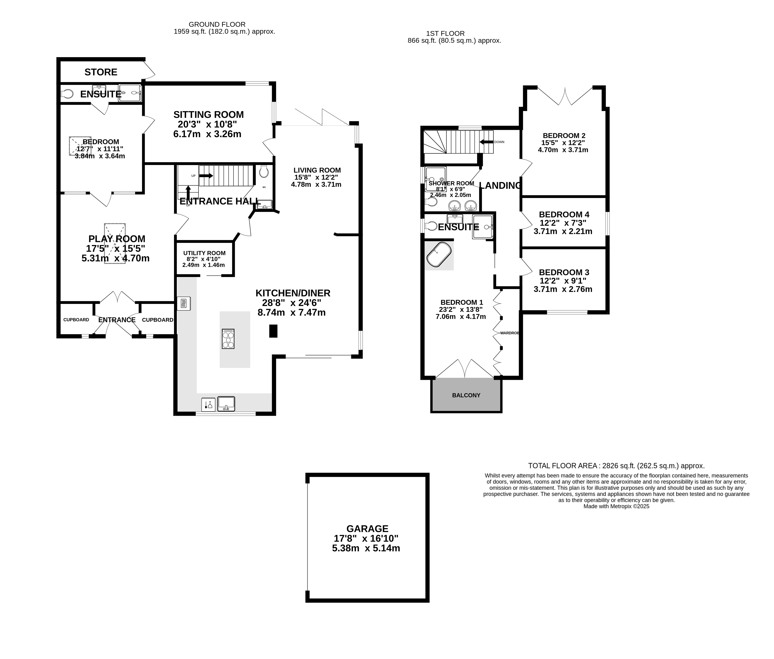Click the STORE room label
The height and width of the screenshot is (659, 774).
(x=101, y=72)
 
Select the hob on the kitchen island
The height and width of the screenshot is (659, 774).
(x=228, y=339)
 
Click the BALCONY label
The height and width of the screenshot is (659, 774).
(x=466, y=395)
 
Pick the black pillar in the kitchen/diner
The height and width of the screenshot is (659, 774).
(x=273, y=331)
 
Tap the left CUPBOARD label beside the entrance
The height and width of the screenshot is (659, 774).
(x=76, y=320)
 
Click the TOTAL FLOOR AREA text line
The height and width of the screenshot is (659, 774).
(x=616, y=466)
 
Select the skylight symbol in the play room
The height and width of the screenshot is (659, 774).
(x=115, y=244)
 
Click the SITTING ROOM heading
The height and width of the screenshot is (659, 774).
(x=208, y=115)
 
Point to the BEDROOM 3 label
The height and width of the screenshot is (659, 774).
(x=564, y=272)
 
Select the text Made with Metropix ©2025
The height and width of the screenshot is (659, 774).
(x=616, y=507)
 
